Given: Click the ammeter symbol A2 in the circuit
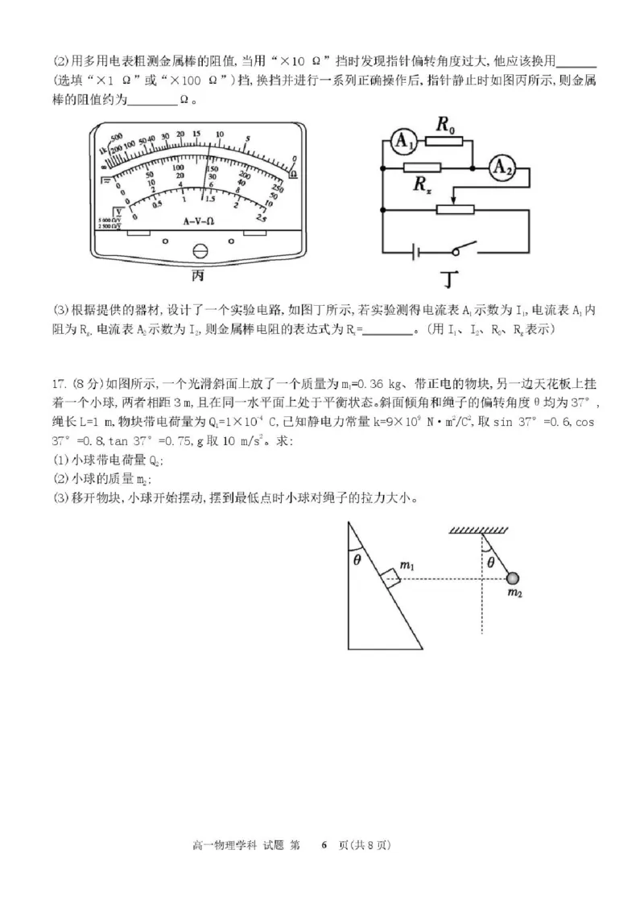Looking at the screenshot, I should pyautogui.click(x=503, y=167).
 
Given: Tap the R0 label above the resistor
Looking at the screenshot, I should pyautogui.click(x=445, y=125).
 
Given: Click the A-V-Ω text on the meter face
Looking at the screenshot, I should pyautogui.click(x=197, y=221).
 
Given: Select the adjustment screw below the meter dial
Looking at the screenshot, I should pyautogui.click(x=200, y=251).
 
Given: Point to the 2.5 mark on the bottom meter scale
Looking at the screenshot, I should pyautogui.click(x=261, y=218).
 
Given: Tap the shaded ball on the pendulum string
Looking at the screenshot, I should pyautogui.click(x=512, y=577).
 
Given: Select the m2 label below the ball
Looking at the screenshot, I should pyautogui.click(x=515, y=593).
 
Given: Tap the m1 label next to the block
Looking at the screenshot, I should pyautogui.click(x=407, y=567).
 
